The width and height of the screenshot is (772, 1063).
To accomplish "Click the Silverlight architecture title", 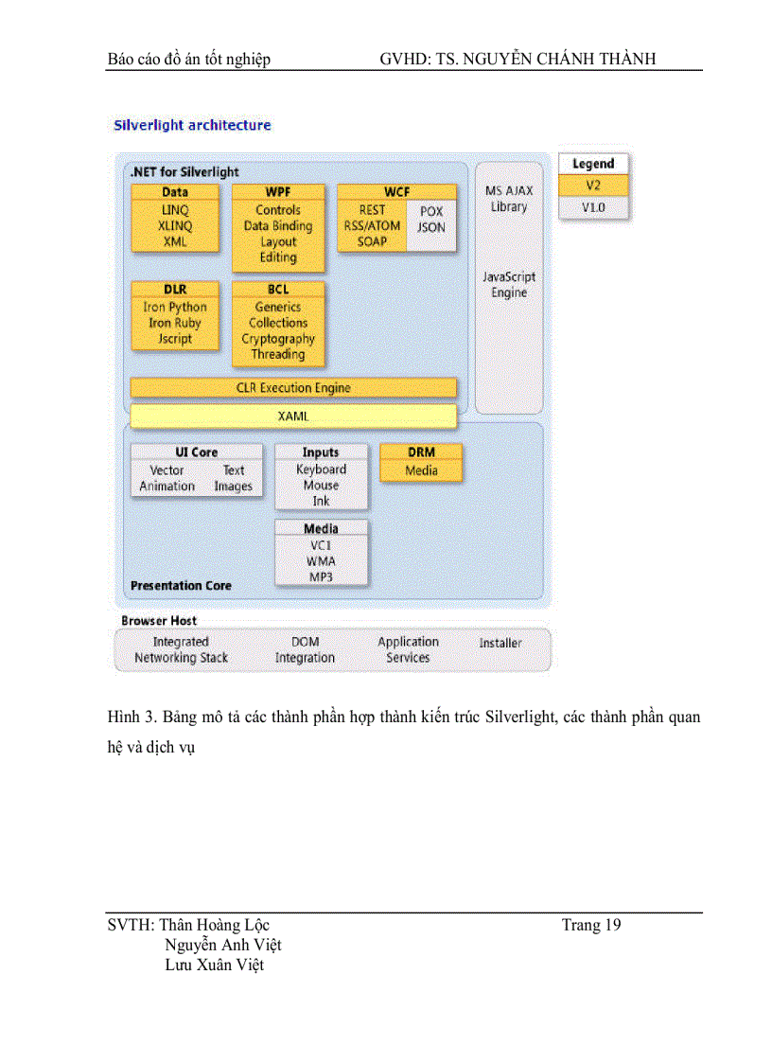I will (x=192, y=125).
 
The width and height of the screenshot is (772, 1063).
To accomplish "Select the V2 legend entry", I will (x=592, y=186).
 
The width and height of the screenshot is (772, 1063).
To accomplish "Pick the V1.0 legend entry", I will (x=592, y=206).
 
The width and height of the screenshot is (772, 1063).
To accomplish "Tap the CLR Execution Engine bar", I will (x=292, y=387).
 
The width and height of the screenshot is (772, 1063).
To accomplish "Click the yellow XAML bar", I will (x=292, y=416).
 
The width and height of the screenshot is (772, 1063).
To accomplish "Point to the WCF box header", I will (x=396, y=192).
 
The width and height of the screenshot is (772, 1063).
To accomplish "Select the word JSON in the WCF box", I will (x=430, y=227).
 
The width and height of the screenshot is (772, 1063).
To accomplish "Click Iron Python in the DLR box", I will (x=175, y=307).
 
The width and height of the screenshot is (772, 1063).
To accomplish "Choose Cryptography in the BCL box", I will (x=278, y=339).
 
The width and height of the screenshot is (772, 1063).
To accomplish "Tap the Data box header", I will (x=175, y=192).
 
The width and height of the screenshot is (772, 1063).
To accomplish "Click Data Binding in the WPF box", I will (x=278, y=226).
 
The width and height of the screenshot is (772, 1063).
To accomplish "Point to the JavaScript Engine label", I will (x=509, y=285).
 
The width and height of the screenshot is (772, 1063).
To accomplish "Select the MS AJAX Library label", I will (x=509, y=199).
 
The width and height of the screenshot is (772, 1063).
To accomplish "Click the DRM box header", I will (x=421, y=452).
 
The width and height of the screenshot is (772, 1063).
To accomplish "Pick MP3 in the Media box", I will (x=321, y=577).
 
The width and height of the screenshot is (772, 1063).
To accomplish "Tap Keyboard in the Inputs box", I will (x=321, y=469).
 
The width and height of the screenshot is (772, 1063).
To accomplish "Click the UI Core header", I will (x=196, y=452).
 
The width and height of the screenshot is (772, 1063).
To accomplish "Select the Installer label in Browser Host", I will (x=500, y=643).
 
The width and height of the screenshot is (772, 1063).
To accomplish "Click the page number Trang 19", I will (x=591, y=925).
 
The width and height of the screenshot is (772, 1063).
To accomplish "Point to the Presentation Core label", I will (x=181, y=586).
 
